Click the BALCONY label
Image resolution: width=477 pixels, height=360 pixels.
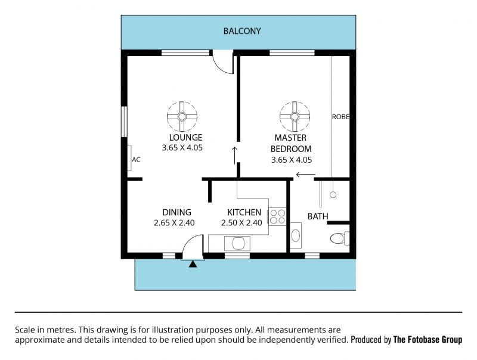pos(242,31)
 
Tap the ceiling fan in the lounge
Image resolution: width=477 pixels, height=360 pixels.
pos(182,117)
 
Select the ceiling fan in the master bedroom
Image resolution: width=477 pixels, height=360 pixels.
pos(295,117)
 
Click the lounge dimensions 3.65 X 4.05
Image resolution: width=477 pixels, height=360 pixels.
pos(182,148)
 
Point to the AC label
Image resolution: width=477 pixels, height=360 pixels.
pos(136,160)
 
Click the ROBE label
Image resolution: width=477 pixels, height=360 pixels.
pos(340,117)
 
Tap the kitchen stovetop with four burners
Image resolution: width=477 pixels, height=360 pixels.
pos(277,216)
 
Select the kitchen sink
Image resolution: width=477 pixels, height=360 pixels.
pos(237,244)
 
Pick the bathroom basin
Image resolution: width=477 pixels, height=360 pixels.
pos(295,235)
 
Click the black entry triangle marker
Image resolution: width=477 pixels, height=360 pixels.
pos(193,264)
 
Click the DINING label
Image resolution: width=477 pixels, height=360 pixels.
pos(176,212)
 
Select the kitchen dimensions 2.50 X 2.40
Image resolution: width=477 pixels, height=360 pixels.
pos(241,223)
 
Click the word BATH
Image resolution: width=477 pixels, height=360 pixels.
pos(318,216)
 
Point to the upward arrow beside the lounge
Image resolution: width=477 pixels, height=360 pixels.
pos(234,156)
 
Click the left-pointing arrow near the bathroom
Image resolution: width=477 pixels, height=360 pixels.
pos(306,175)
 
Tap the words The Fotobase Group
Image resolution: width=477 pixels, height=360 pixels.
pos(428,339)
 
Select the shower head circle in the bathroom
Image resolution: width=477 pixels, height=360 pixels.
pos(333,194)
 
